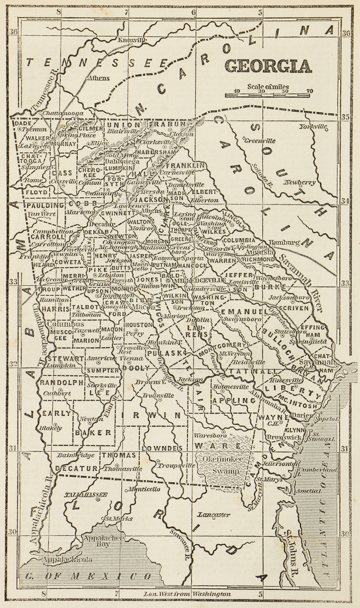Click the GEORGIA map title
pyautogui.click(x=268, y=66)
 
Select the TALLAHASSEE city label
pyautogui.click(x=85, y=495)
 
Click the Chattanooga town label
pyautogui.click(x=63, y=113)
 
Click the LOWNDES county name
pyautogui.click(x=161, y=448)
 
